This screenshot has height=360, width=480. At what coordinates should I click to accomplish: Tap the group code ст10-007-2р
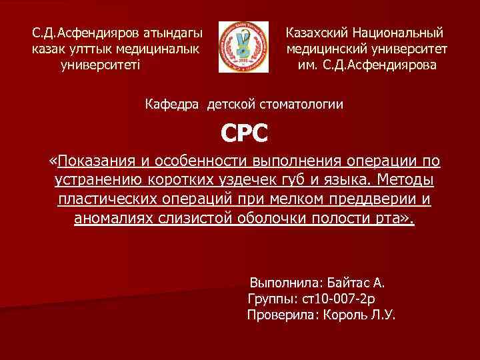click(x=339, y=298)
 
